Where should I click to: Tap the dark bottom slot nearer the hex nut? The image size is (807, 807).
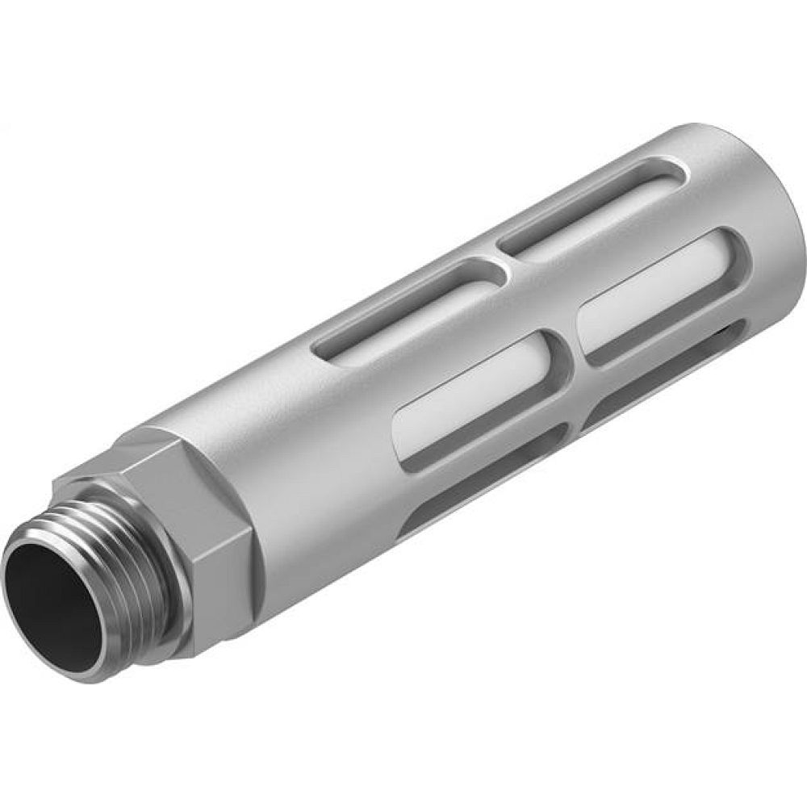[x=484, y=492]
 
